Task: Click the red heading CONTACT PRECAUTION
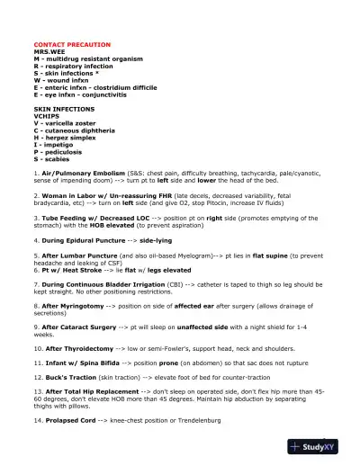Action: pos(71,44)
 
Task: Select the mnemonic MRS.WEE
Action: pos(49,52)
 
